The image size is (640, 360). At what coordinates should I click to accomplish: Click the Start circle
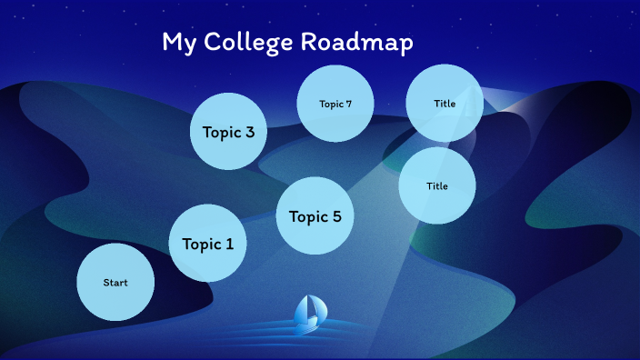(115, 282)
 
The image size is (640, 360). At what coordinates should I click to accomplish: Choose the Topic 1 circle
(207, 243)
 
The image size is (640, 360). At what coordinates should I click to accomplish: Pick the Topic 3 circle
(228, 131)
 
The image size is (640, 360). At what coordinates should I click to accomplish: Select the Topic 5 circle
(315, 215)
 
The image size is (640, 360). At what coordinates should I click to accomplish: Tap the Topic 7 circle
(335, 103)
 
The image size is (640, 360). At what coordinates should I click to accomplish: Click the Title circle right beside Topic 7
(445, 103)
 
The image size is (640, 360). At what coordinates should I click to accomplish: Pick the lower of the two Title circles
(437, 185)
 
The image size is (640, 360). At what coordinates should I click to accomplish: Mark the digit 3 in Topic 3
(249, 133)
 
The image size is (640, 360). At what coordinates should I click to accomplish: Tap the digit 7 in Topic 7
(348, 104)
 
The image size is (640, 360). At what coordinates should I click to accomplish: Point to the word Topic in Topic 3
(221, 133)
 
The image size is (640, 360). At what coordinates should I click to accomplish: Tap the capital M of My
(171, 43)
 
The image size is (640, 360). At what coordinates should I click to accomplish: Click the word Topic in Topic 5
(307, 216)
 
